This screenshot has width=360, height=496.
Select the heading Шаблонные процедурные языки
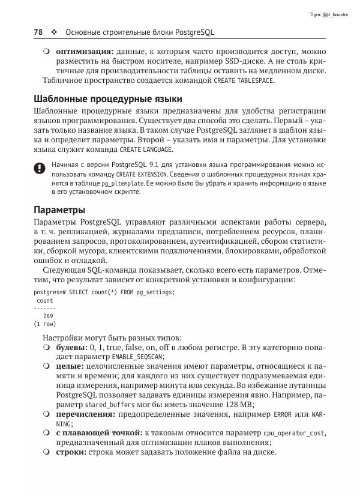point(107,98)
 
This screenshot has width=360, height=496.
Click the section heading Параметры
point(59,210)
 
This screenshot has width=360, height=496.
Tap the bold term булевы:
point(71,348)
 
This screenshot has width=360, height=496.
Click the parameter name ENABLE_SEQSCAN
point(137,357)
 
